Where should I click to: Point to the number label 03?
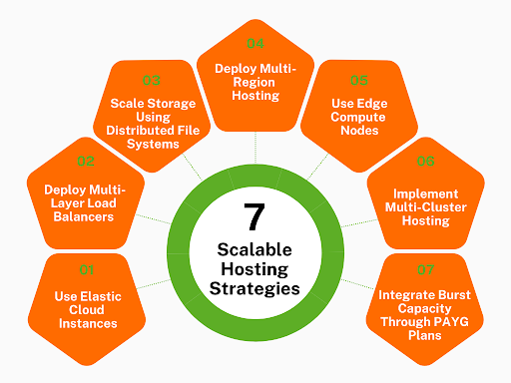click(x=152, y=80)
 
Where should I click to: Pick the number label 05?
click(x=356, y=80)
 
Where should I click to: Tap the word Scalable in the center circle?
click(x=255, y=248)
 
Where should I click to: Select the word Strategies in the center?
click(x=255, y=288)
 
